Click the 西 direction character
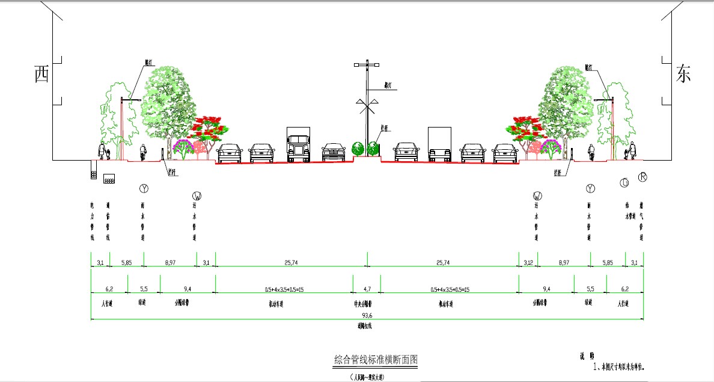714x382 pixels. point(41,75)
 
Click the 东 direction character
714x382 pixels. point(683,73)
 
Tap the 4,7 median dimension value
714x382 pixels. point(367,289)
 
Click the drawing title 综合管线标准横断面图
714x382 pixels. point(376,360)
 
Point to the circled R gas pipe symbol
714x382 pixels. point(642,177)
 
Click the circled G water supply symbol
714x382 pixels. point(624,182)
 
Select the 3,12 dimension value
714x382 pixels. point(528,263)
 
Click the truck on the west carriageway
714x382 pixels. point(298,145)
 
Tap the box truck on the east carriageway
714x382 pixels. point(439,145)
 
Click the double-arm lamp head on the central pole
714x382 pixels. point(367,64)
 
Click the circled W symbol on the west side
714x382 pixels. point(197,196)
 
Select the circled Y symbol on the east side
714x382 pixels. point(590,189)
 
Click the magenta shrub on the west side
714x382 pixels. point(182,146)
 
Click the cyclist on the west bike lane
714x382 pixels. point(142,152)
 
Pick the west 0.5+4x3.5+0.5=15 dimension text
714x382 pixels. point(284,289)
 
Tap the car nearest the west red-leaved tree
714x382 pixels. point(228,153)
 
